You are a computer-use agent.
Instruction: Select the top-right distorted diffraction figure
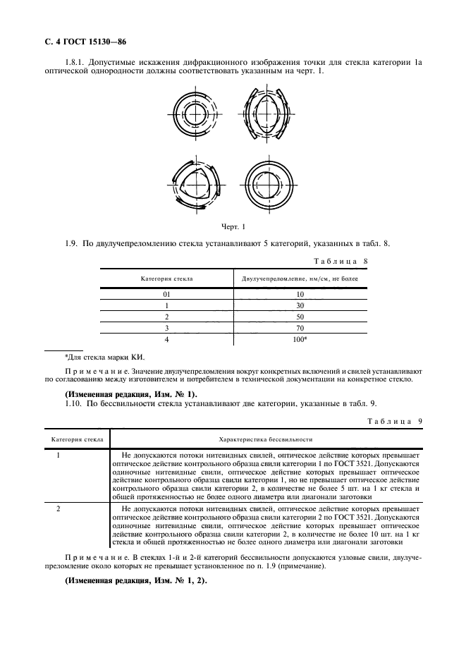[x=262, y=114]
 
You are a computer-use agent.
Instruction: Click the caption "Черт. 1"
[x=233, y=227]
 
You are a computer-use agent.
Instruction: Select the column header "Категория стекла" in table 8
[x=166, y=279]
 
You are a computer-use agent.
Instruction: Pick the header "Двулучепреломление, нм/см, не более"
[x=300, y=279]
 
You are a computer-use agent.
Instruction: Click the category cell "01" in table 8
[x=166, y=294]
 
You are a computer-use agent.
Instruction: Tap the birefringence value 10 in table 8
[x=300, y=294]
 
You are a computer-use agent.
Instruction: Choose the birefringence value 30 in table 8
[x=300, y=305]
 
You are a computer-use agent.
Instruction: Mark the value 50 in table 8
[x=300, y=317]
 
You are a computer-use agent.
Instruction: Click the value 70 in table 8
[x=300, y=328]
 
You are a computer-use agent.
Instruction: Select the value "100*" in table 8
[x=300, y=339]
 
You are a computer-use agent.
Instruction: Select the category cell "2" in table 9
[x=59, y=508]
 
